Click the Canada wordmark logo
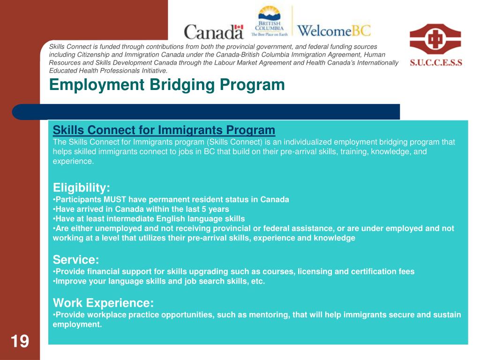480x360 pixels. [x=214, y=31]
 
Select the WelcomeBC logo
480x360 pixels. [x=334, y=31]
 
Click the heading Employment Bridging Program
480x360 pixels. [x=167, y=85]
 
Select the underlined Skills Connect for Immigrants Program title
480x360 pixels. [x=164, y=129]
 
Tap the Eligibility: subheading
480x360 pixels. [x=82, y=188]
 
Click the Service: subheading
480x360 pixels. [x=76, y=260]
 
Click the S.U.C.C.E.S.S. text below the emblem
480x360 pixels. [x=436, y=62]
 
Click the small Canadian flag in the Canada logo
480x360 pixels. [x=239, y=29]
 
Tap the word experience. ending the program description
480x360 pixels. [x=73, y=161]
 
